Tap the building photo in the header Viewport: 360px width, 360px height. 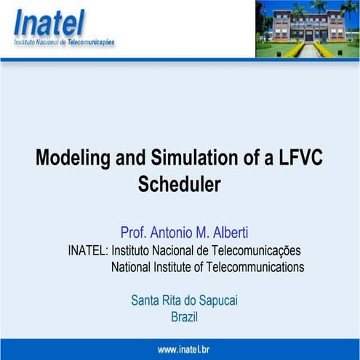307,29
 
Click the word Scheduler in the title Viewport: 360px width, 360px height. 179,184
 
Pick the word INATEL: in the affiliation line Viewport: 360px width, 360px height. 88,250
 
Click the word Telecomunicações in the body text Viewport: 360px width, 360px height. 257,250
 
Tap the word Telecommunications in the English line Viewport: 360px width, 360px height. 255,267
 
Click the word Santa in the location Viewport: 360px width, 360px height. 145,300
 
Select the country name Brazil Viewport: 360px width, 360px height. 184,317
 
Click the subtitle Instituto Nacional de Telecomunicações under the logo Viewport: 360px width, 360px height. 64,43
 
